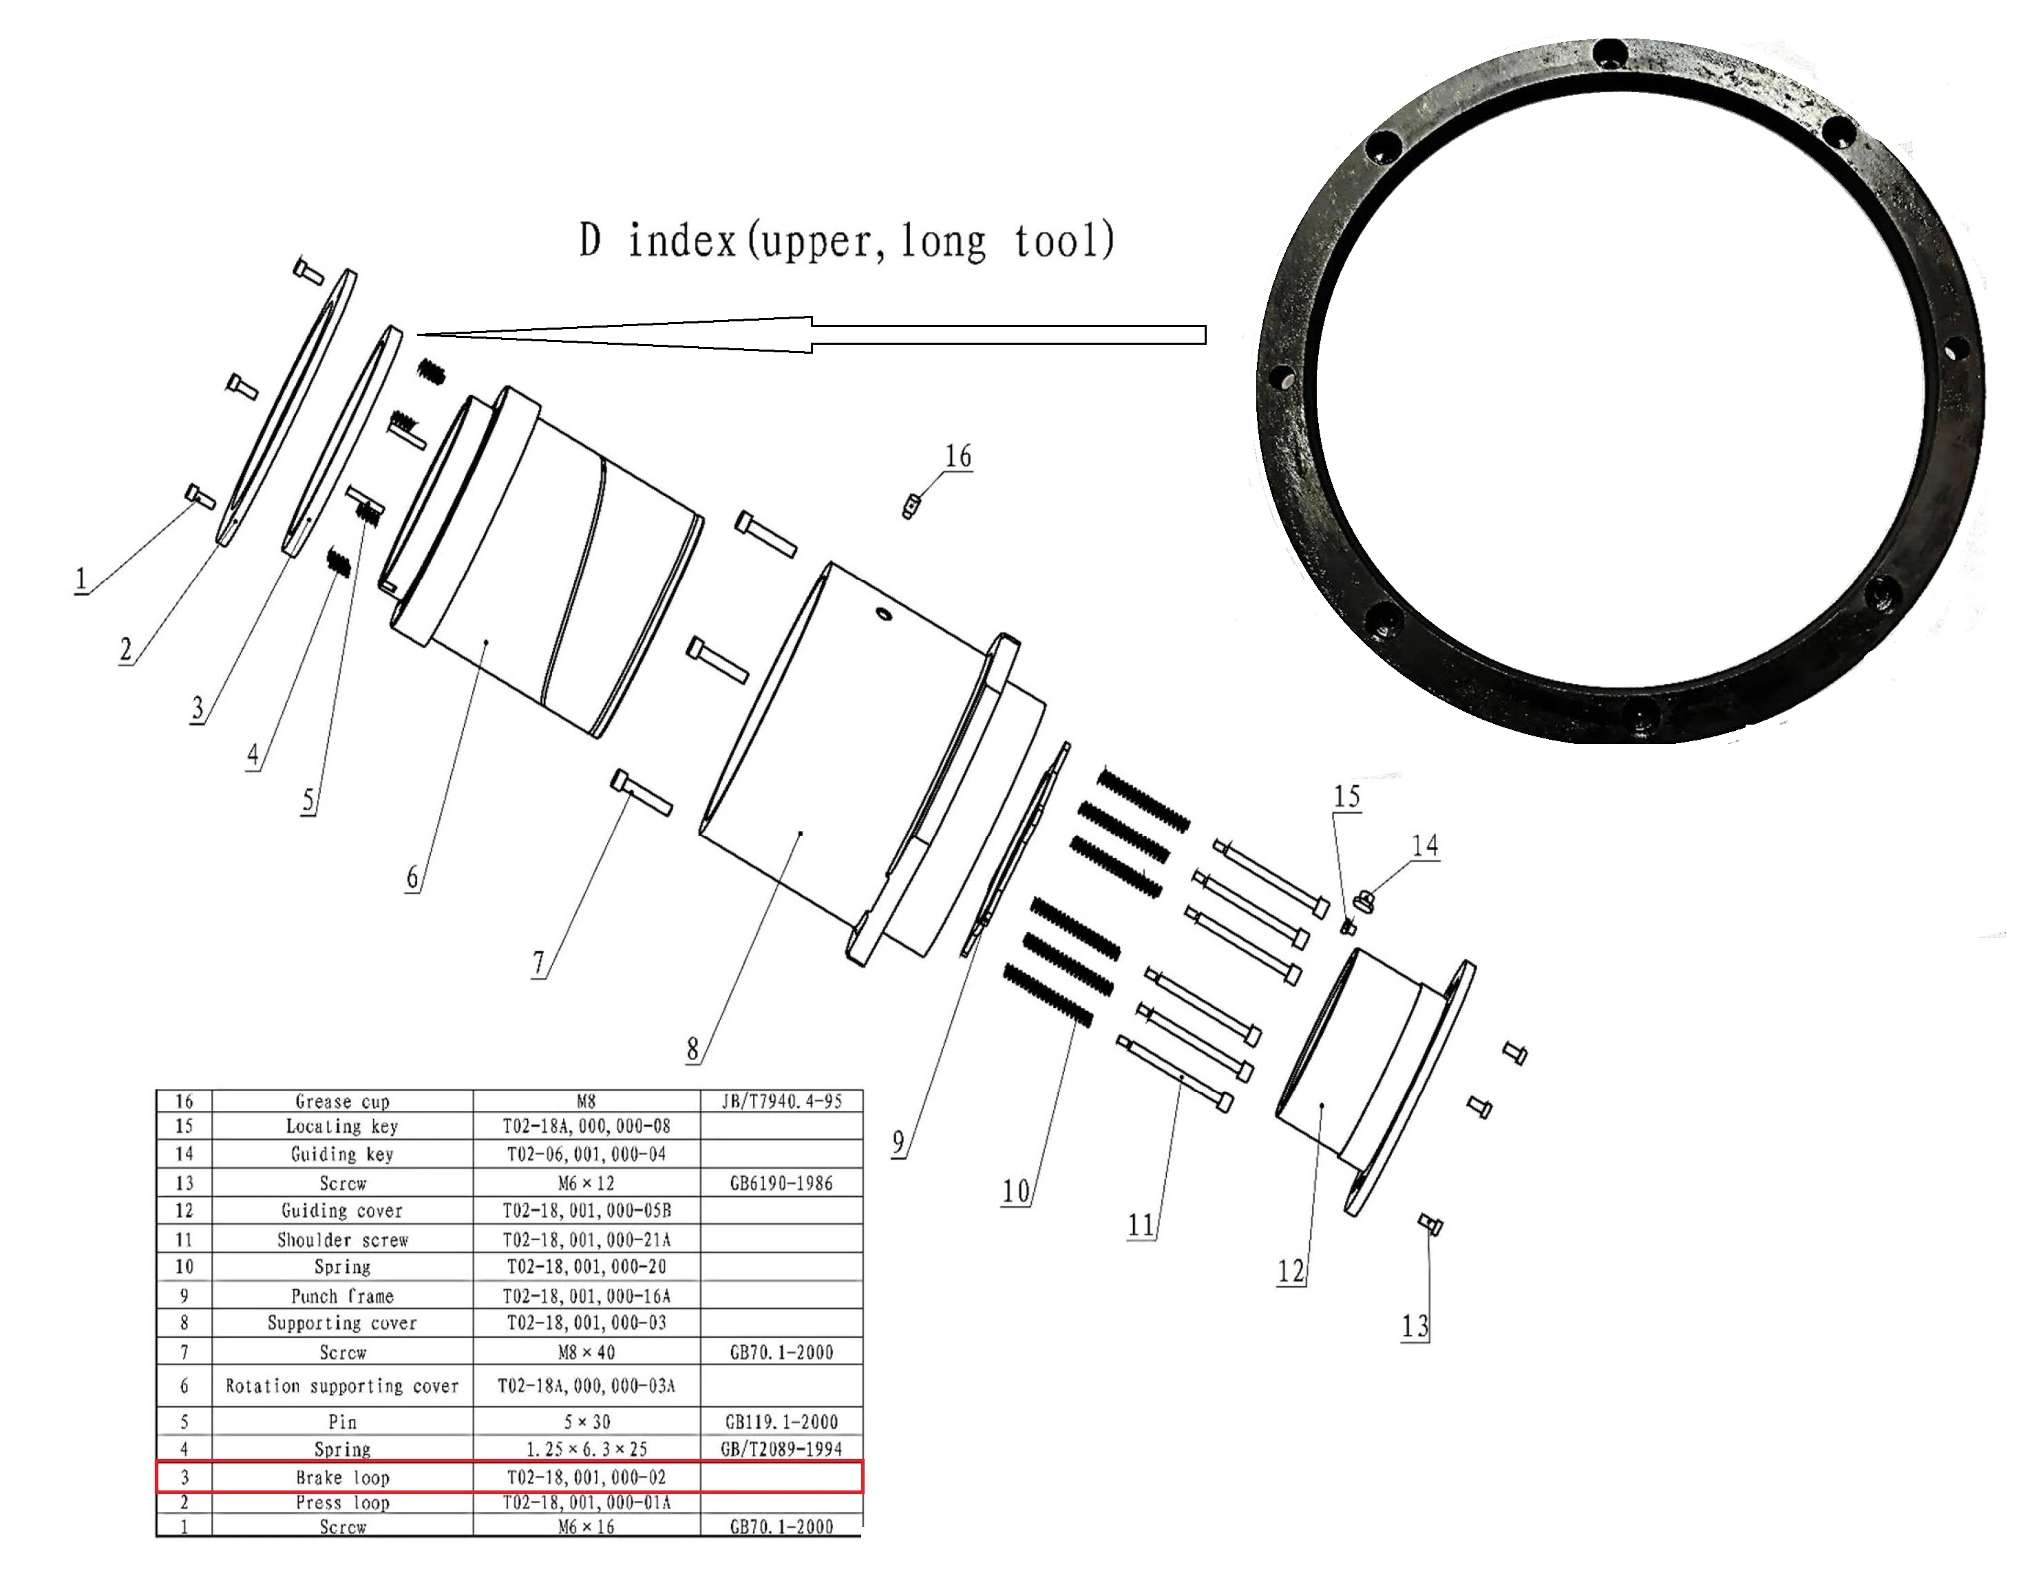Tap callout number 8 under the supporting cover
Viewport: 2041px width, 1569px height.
[x=692, y=1049]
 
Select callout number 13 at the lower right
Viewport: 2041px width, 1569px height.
[x=1414, y=1325]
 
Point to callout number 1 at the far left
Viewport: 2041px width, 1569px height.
[x=81, y=579]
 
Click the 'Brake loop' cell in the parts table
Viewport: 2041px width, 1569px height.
[x=342, y=1477]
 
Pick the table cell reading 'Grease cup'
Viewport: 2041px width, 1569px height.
[x=342, y=1102]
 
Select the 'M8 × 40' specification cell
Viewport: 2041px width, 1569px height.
[x=586, y=1352]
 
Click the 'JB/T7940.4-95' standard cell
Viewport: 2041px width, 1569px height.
[x=781, y=1102]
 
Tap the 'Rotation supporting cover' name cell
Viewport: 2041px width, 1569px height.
[x=342, y=1386]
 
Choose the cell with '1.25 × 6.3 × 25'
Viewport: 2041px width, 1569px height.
[x=586, y=1449]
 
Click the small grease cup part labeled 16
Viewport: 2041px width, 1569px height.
[x=908, y=507]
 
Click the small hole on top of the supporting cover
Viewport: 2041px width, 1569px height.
[x=882, y=614]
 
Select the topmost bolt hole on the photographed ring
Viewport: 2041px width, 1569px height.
[x=1609, y=53]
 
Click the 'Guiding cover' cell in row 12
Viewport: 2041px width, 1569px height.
[x=342, y=1211]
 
